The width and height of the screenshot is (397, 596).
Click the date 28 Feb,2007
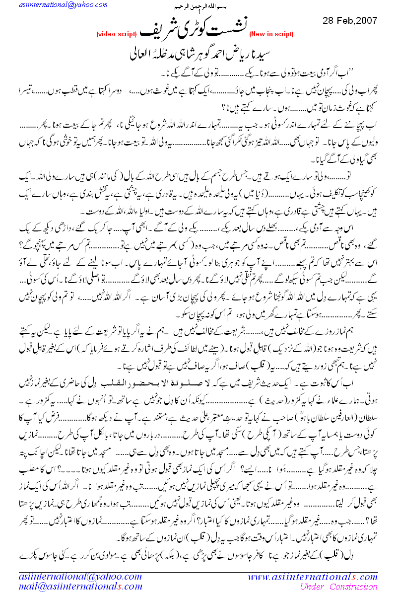[x=350, y=21]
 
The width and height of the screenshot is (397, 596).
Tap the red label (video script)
[x=116, y=34]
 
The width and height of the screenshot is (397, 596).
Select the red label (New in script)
[x=271, y=34]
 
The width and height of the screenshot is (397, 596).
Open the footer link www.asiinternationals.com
[x=313, y=577]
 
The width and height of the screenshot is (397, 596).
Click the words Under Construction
[x=339, y=588]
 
